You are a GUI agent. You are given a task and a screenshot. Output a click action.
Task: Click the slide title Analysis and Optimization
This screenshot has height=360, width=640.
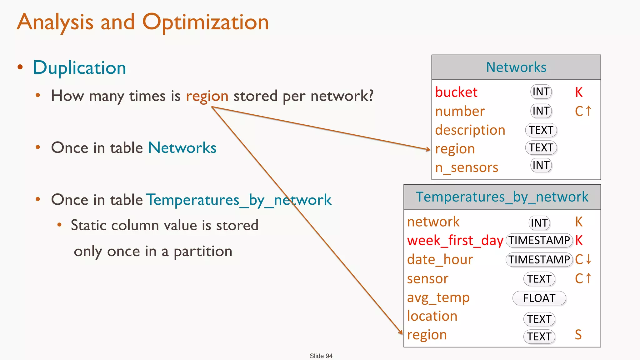coord(143,22)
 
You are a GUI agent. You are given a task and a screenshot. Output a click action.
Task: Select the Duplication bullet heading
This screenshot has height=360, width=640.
coord(79,68)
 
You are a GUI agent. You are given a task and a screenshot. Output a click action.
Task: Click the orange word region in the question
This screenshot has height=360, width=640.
coord(207,96)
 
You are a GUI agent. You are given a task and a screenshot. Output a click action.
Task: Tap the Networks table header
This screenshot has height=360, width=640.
coord(516,67)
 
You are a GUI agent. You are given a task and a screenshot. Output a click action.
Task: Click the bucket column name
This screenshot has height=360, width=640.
coord(456,92)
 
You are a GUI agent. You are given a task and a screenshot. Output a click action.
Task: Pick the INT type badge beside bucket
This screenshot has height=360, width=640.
coord(541,92)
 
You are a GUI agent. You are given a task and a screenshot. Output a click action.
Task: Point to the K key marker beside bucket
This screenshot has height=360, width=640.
coord(579,92)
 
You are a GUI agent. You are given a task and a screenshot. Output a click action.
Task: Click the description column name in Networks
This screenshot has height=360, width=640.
coord(470,130)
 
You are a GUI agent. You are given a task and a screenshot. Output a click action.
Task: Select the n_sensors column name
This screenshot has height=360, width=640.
coord(467,168)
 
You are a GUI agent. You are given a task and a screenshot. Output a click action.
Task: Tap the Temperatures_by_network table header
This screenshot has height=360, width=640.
coord(502,197)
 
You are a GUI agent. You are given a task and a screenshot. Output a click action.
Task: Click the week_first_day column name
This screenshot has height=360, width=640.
coord(455,241)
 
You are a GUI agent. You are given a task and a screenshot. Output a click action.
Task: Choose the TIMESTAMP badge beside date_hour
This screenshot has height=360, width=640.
coord(539,260)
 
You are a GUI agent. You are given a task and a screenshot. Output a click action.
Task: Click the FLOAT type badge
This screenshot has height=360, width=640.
coord(539,298)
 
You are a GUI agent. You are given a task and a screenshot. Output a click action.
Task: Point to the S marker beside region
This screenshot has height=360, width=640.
coord(578,335)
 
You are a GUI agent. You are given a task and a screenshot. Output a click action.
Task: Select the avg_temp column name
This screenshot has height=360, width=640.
coord(438,298)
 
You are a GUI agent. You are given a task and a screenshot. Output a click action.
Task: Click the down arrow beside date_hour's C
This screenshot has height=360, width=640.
coord(589,259)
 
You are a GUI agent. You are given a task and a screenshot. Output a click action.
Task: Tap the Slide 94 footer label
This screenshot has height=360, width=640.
coord(321,356)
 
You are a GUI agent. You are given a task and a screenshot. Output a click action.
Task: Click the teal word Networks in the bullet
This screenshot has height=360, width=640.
coord(182,148)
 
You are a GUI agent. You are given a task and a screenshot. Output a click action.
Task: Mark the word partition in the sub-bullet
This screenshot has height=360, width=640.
coord(203,252)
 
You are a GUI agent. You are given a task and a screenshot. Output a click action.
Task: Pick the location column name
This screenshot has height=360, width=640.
coord(432,316)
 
